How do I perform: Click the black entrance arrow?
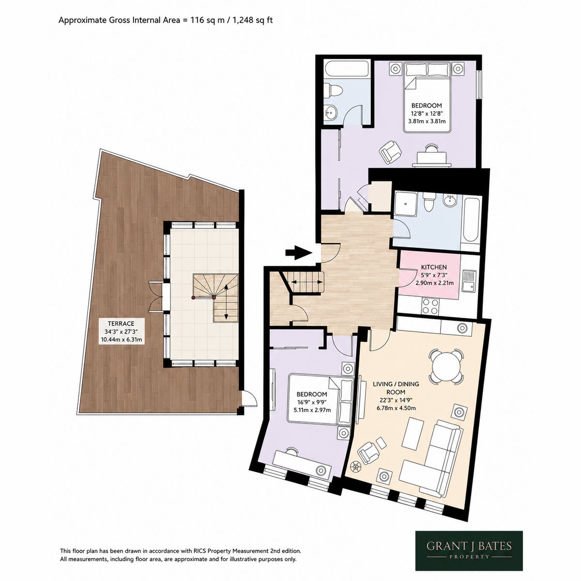[298, 253]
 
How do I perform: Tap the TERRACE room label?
[121, 323]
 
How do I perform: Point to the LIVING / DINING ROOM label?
[396, 388]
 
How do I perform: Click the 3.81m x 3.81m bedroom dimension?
[427, 121]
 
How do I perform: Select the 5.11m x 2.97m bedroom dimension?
[312, 410]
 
